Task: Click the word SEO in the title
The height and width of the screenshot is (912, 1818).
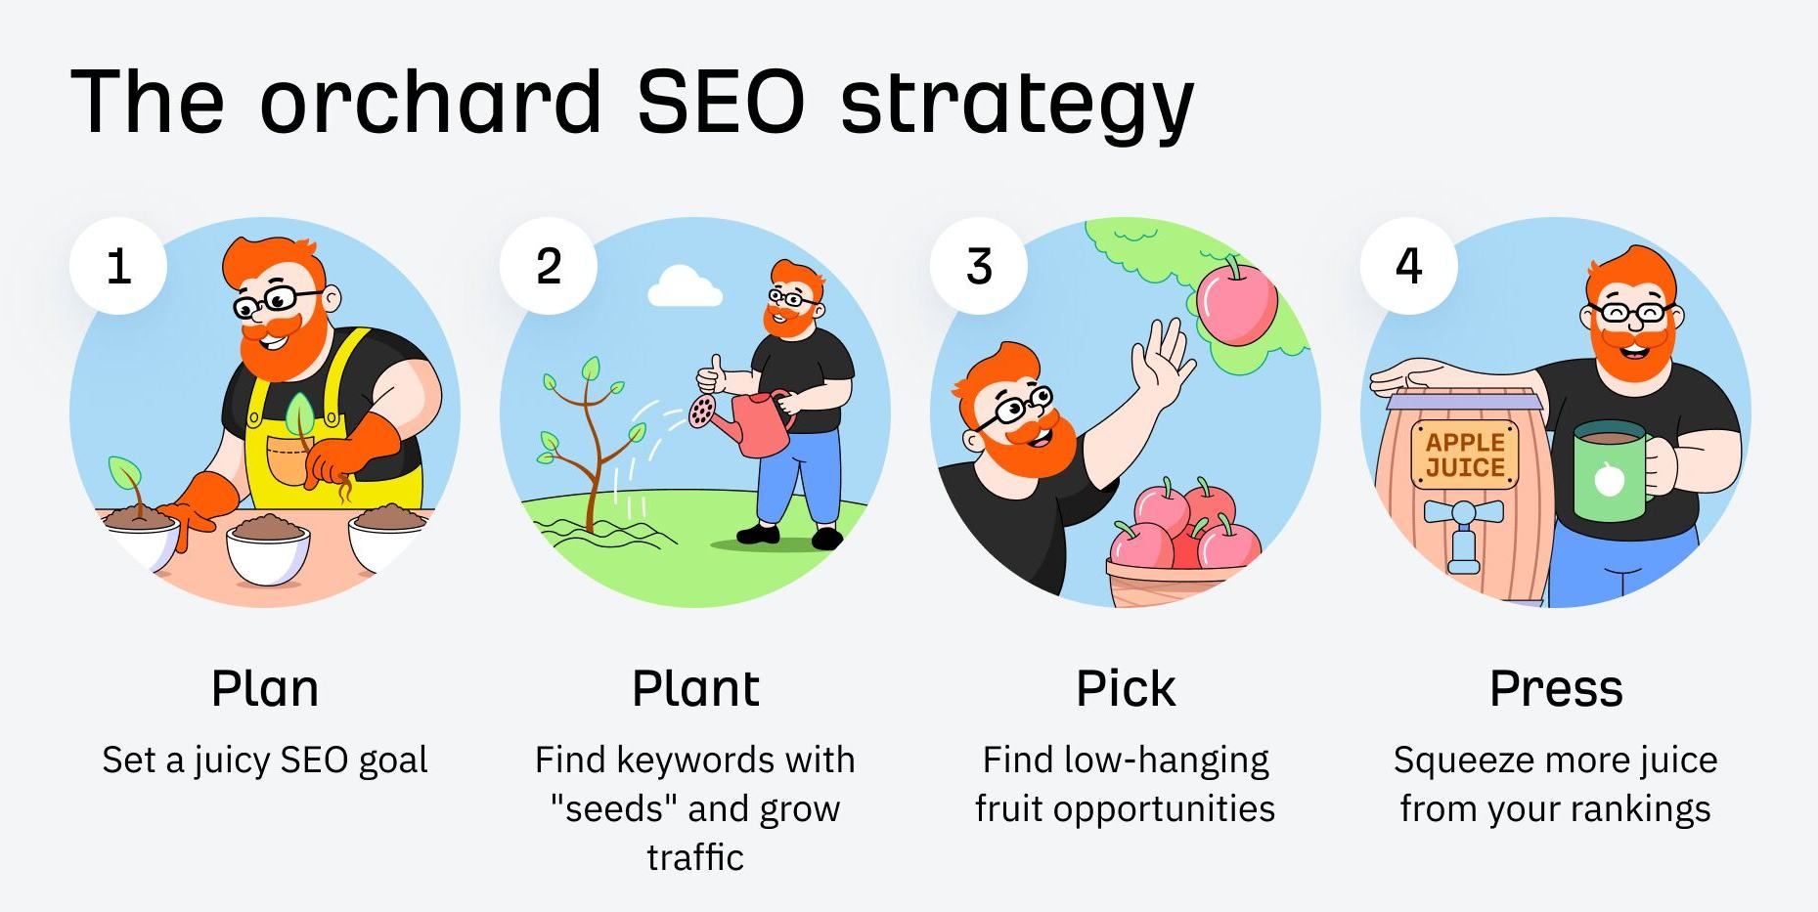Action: [x=721, y=102]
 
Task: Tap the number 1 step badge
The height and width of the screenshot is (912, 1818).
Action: [x=118, y=266]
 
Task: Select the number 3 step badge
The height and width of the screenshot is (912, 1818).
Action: [x=979, y=266]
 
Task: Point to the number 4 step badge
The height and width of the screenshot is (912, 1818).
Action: [x=1408, y=266]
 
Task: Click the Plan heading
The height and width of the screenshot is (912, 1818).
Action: [x=265, y=688]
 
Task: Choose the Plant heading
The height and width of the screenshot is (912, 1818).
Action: [x=695, y=688]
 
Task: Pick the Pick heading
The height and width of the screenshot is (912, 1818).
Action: [x=1126, y=688]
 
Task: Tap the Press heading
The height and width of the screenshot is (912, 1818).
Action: [x=1556, y=688]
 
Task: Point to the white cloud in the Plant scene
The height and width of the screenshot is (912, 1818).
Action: [x=685, y=286]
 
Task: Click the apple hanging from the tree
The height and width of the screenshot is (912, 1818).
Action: [x=1237, y=303]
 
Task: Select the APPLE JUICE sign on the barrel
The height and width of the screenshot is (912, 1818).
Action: [x=1464, y=456]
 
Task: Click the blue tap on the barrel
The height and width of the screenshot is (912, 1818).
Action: [x=1463, y=528]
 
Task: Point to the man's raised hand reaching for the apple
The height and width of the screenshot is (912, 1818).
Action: [x=1164, y=358]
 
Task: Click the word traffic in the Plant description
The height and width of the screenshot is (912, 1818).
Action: [x=695, y=857]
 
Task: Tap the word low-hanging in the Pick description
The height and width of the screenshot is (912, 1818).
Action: [x=1166, y=760]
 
